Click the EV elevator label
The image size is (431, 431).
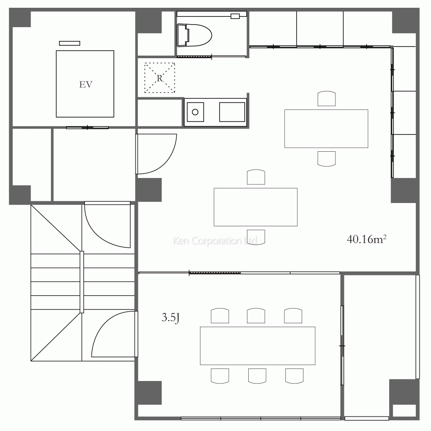coord(86,84)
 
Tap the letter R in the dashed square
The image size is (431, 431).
coord(159,78)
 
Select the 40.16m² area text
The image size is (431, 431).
coord(366,240)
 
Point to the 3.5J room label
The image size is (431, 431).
coord(170,319)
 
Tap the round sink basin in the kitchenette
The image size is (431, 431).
coord(195,112)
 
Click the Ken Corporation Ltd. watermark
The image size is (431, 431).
coord(215,240)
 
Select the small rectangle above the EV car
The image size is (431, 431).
coord(69,43)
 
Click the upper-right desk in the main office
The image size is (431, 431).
coord(326,128)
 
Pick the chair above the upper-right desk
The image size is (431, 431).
coord(326,99)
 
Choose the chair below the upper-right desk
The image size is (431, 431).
coord(326,158)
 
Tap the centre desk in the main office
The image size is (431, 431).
coord(256,207)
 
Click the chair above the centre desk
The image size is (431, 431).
coord(256,178)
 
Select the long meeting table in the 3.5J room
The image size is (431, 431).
coord(257,346)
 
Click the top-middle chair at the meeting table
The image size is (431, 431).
coord(256,316)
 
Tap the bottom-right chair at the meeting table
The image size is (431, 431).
coord(294,375)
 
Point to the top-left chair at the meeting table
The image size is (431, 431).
coord(219,316)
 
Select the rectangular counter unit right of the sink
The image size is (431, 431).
coord(232,112)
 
